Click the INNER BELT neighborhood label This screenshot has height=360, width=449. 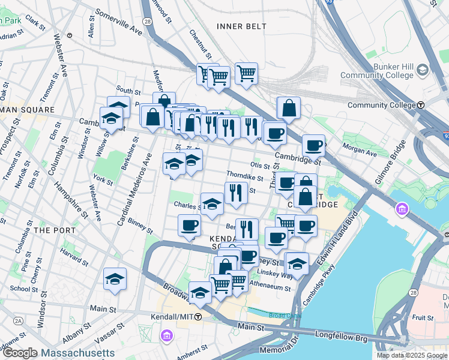237,26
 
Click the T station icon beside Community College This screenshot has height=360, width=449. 421,104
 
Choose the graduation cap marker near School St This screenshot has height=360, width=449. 115,279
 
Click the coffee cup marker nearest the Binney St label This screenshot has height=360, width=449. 190,226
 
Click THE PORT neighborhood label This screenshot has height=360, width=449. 55,230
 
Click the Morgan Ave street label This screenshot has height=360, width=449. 360,149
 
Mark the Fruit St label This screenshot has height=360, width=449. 422,317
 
